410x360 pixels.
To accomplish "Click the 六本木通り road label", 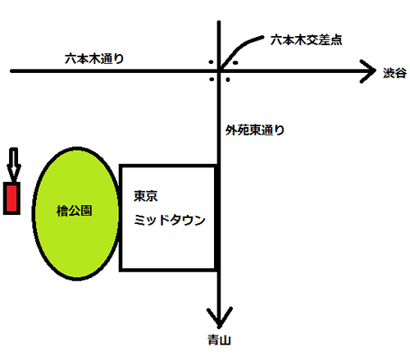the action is tap(94, 59).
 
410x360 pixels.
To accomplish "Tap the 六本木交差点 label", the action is tap(306, 40).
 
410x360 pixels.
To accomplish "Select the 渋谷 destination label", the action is tap(394, 73).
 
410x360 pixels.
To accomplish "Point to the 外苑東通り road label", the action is tap(255, 130).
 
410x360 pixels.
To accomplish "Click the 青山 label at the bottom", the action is tap(219, 340).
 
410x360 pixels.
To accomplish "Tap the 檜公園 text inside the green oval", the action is tap(74, 211).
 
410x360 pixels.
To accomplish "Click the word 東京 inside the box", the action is tap(145, 196).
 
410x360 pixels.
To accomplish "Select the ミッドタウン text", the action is tap(170, 220).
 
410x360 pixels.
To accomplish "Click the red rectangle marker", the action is tap(11, 198).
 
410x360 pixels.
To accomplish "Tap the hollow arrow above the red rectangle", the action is tap(14, 164).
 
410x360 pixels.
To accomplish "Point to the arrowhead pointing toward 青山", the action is tap(219, 318).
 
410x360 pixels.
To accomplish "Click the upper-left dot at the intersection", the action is tap(211, 62).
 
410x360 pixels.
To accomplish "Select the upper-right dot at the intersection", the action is tap(235, 62).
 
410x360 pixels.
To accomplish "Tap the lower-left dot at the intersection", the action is tap(212, 80).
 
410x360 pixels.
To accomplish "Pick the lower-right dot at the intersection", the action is tap(228, 80).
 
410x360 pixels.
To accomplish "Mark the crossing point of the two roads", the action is tap(219, 71).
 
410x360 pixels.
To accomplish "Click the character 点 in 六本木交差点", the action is tap(336, 40).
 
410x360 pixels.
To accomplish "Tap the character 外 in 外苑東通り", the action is tap(231, 130).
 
